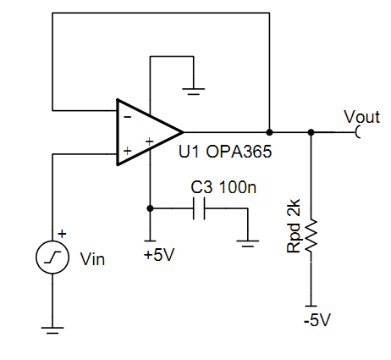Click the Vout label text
click(x=362, y=117)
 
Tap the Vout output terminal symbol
click(x=357, y=132)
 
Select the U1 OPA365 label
click(x=225, y=152)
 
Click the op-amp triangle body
click(x=150, y=132)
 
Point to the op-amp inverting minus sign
click(x=128, y=116)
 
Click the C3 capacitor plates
click(x=199, y=208)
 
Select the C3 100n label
click(x=223, y=187)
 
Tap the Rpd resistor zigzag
click(x=311, y=235)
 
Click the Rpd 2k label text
click(x=294, y=226)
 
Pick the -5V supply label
click(x=317, y=320)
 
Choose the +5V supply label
click(x=159, y=255)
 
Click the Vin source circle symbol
click(x=52, y=257)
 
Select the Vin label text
click(x=92, y=259)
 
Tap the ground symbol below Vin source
click(x=52, y=330)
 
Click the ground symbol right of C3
click(x=247, y=243)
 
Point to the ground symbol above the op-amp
click(x=194, y=91)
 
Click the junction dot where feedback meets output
click(x=269, y=132)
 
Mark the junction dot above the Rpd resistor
click(x=311, y=132)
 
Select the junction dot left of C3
click(x=150, y=208)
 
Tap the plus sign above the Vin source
click(x=62, y=234)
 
